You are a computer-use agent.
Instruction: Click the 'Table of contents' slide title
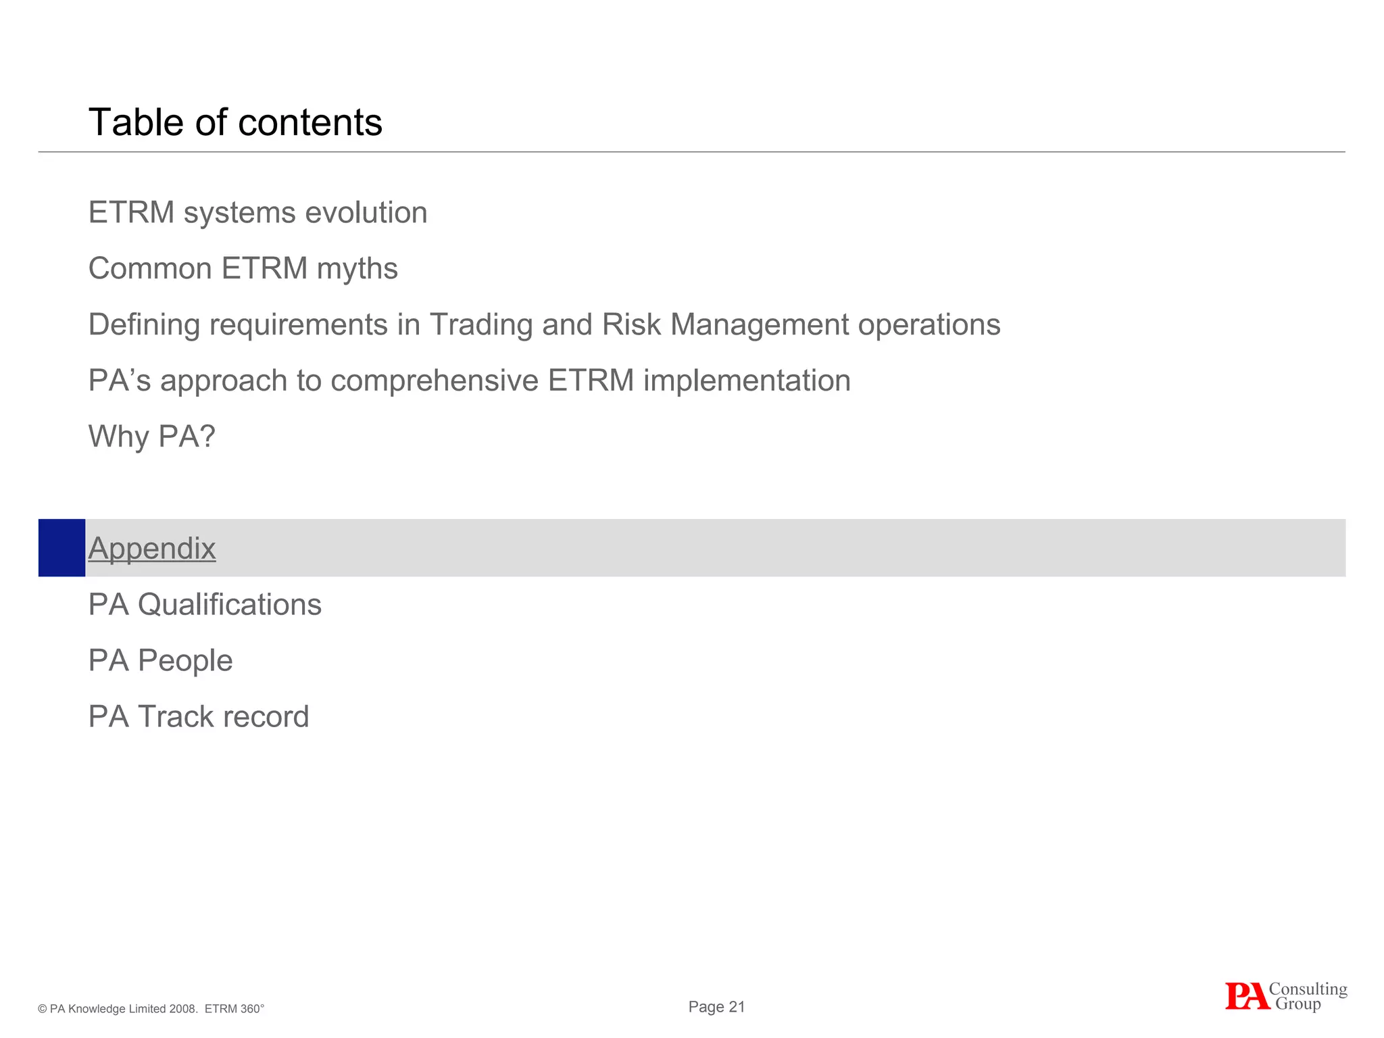(235, 122)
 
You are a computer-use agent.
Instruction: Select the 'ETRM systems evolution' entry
(257, 213)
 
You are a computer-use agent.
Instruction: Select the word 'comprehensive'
(434, 381)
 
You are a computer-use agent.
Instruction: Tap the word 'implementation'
(747, 381)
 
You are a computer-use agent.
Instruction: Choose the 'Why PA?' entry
(152, 437)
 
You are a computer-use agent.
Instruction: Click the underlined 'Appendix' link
(152, 548)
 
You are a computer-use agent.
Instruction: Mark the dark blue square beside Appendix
(61, 548)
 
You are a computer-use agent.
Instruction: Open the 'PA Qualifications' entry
(205, 605)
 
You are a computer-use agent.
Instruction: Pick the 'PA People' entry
(160, 661)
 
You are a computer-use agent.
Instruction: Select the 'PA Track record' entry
(199, 717)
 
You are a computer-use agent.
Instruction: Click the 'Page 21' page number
(716, 1007)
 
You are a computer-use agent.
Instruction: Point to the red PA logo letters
(1247, 997)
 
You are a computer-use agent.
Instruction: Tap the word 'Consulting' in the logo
(1308, 989)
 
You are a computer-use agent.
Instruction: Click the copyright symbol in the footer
(43, 1010)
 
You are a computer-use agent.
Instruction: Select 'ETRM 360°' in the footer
(234, 1009)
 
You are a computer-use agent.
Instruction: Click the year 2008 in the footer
(184, 1009)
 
